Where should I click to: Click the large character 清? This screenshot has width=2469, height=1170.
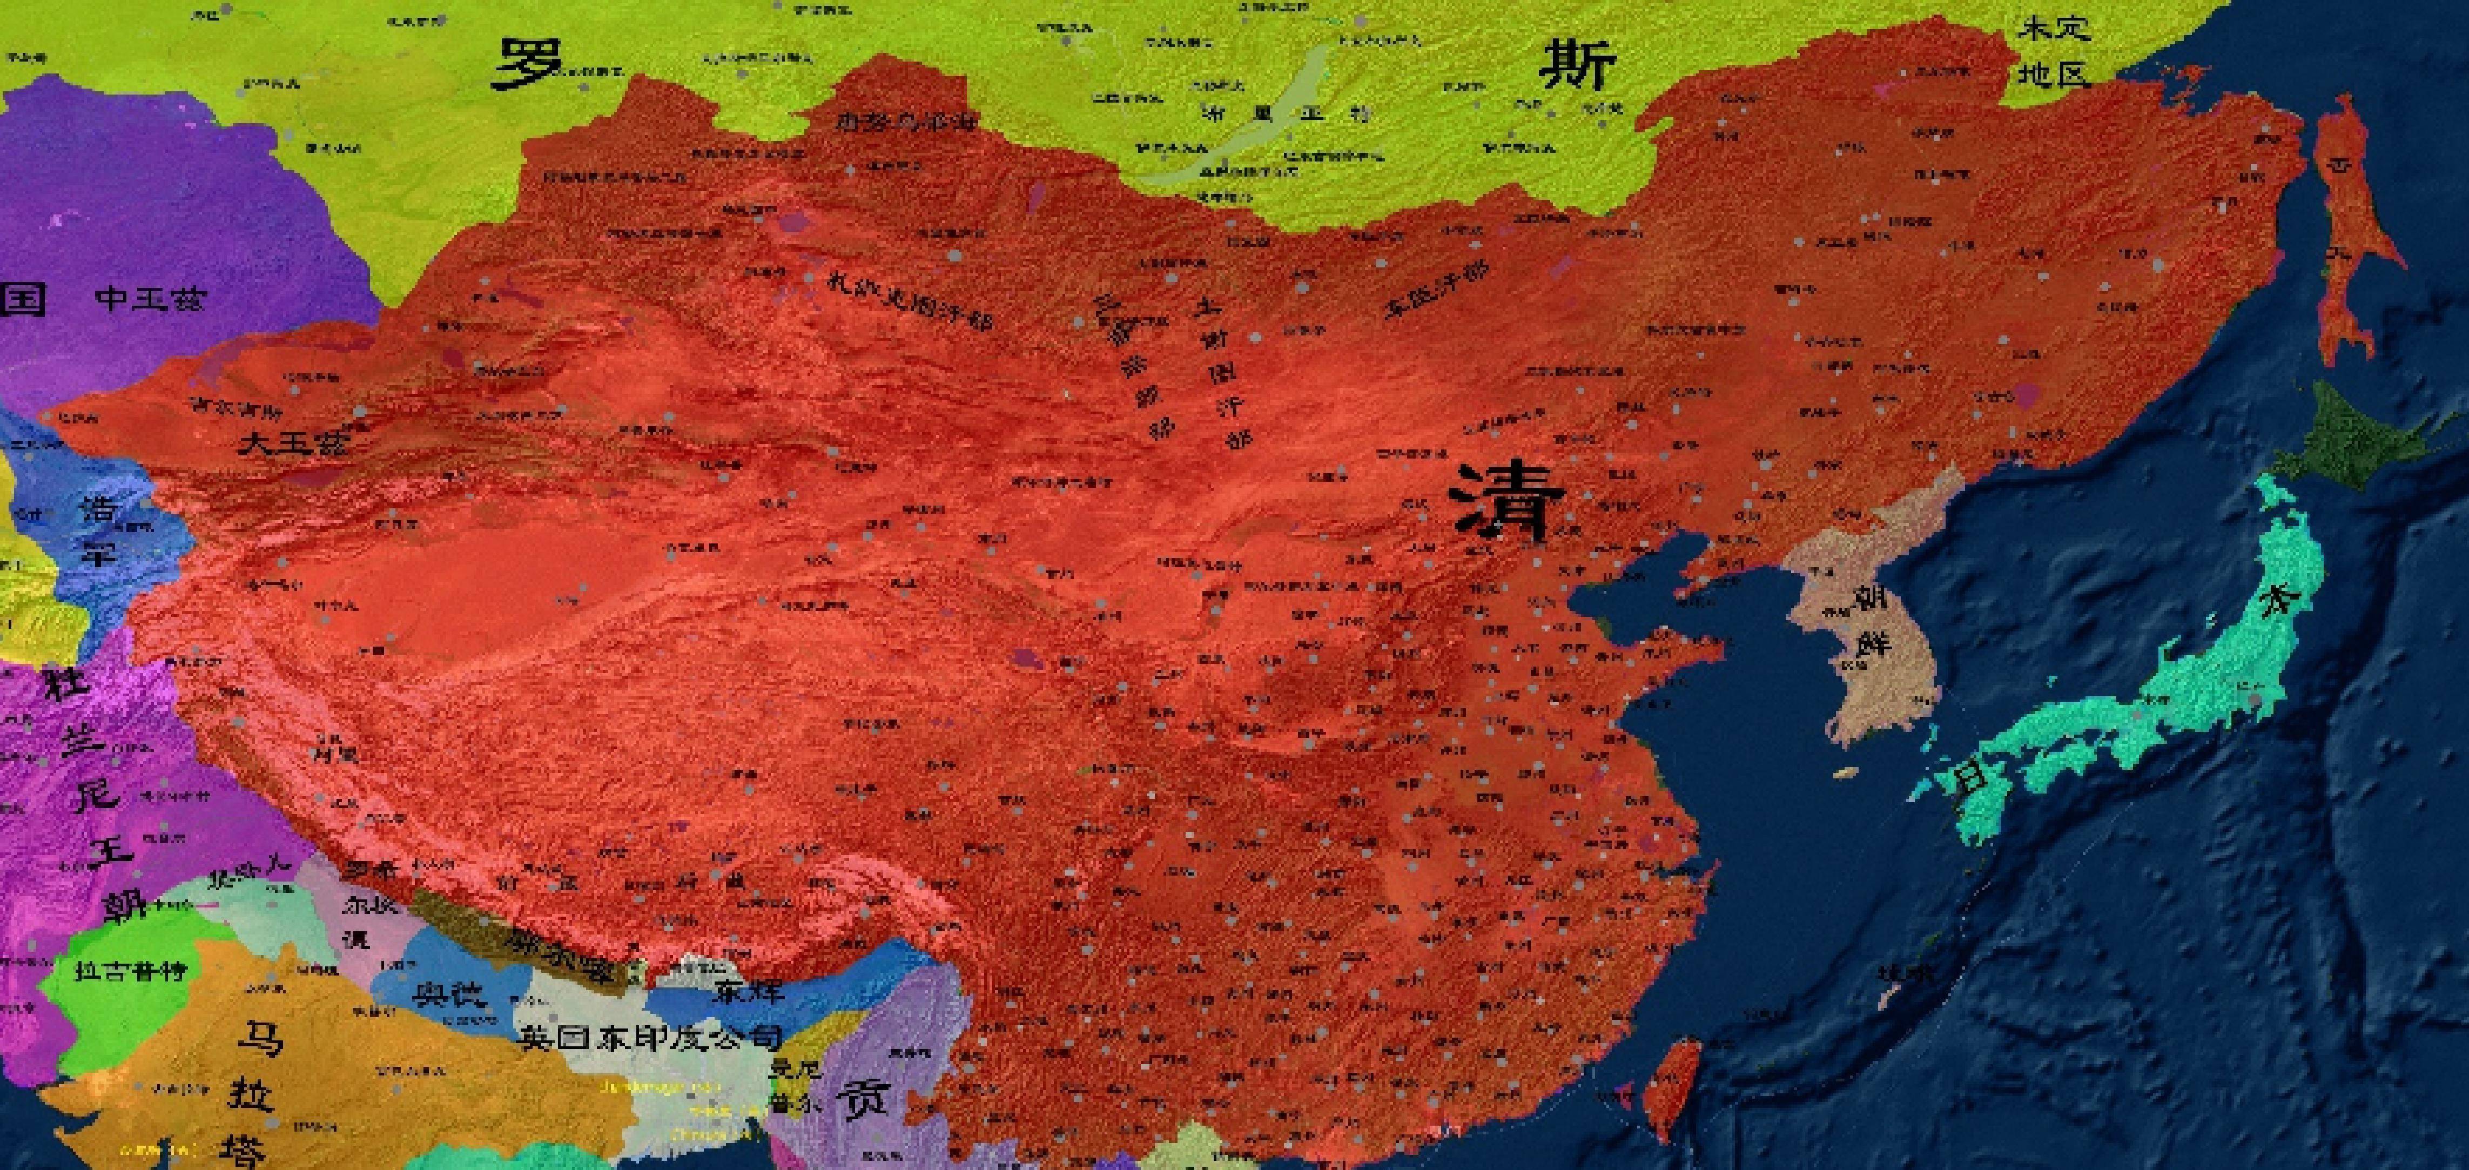tap(1505, 502)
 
